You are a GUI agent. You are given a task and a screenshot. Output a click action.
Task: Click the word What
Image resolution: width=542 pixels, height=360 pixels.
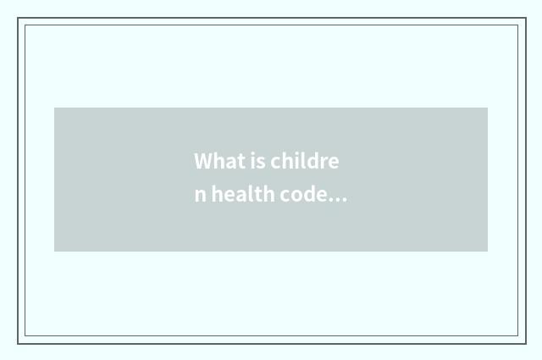tap(215, 161)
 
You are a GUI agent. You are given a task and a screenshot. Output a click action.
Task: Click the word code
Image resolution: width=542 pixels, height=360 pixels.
tap(303, 195)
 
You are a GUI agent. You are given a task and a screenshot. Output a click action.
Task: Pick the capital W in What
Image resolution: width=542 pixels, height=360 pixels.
tap(203, 161)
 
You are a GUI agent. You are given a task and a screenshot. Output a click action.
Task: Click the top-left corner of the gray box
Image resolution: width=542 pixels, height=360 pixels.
tap(55, 108)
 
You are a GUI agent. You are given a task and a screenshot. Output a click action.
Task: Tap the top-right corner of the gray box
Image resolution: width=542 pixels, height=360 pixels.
tap(487, 108)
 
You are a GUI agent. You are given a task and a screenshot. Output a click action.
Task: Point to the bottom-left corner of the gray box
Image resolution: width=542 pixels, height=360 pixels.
tap(55, 251)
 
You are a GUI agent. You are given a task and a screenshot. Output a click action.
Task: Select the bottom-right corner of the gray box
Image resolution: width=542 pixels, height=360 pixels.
tap(487, 251)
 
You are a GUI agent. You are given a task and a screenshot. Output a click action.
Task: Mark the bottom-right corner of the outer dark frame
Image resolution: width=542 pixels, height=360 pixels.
tap(525, 343)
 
